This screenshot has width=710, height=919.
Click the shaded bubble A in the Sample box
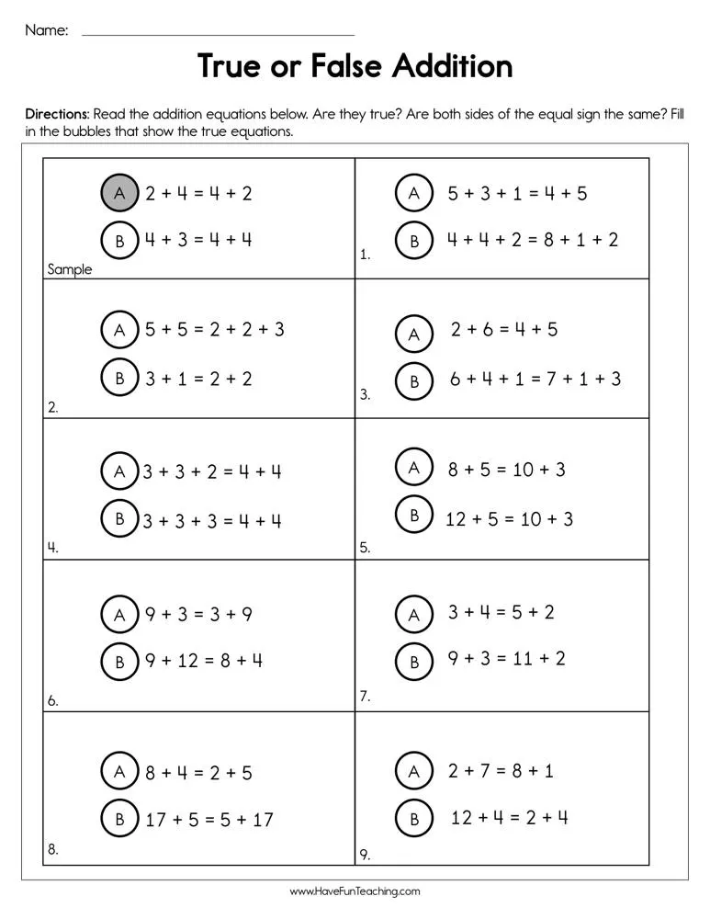tap(119, 193)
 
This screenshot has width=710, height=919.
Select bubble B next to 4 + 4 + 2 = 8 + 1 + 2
tap(414, 241)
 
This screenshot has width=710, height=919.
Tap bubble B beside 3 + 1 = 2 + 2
tap(119, 378)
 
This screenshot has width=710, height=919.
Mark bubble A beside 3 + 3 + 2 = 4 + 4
tap(119, 472)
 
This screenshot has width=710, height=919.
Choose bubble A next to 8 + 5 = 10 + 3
tap(414, 469)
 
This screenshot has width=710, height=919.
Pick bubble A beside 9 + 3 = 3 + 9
tap(119, 615)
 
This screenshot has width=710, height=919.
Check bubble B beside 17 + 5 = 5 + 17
tap(119, 819)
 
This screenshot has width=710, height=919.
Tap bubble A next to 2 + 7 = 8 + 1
tap(414, 771)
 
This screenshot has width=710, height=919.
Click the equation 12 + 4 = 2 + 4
tap(509, 817)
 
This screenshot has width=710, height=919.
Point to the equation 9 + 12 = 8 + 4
tap(204, 660)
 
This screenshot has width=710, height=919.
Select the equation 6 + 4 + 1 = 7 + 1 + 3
tap(535, 379)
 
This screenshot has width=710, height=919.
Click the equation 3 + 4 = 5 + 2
tap(501, 612)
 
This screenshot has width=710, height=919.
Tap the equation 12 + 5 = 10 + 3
tap(509, 519)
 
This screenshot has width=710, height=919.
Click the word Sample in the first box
tap(70, 270)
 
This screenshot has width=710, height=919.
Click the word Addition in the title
tap(452, 66)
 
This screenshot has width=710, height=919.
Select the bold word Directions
tap(56, 114)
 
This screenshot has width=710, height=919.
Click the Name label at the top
tap(46, 30)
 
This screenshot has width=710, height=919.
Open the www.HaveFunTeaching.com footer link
tap(355, 891)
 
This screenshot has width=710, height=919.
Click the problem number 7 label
tap(365, 697)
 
